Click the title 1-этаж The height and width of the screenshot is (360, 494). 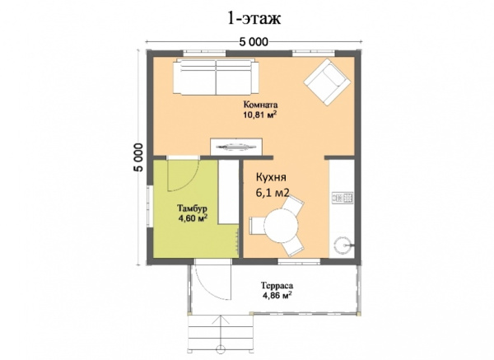pyautogui.click(x=254, y=19)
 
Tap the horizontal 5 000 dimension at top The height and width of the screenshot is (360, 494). pyautogui.click(x=254, y=42)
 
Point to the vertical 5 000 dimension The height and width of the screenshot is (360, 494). pyautogui.click(x=138, y=157)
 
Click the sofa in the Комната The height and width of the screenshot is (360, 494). pyautogui.click(x=216, y=77)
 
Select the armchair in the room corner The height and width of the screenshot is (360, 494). pyautogui.click(x=327, y=82)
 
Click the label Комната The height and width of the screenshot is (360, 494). pyautogui.click(x=260, y=105)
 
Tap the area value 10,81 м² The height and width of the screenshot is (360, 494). pyautogui.click(x=260, y=115)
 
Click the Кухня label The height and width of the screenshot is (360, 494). pyautogui.click(x=271, y=177)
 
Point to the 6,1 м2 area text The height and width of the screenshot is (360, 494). pyautogui.click(x=273, y=193)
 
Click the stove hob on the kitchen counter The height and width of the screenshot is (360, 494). pyautogui.click(x=343, y=198)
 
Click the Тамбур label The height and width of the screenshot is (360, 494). pyautogui.click(x=192, y=208)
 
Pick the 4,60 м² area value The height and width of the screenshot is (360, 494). pyautogui.click(x=193, y=217)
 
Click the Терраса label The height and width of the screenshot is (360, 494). pyautogui.click(x=277, y=286)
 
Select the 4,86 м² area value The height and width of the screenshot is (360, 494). pyautogui.click(x=277, y=295)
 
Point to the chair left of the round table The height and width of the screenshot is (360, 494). pyautogui.click(x=256, y=226)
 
